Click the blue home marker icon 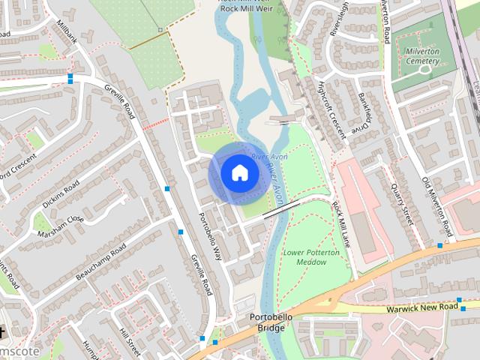click(238, 173)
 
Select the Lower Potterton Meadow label click(311, 257)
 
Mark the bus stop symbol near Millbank click(70, 77)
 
